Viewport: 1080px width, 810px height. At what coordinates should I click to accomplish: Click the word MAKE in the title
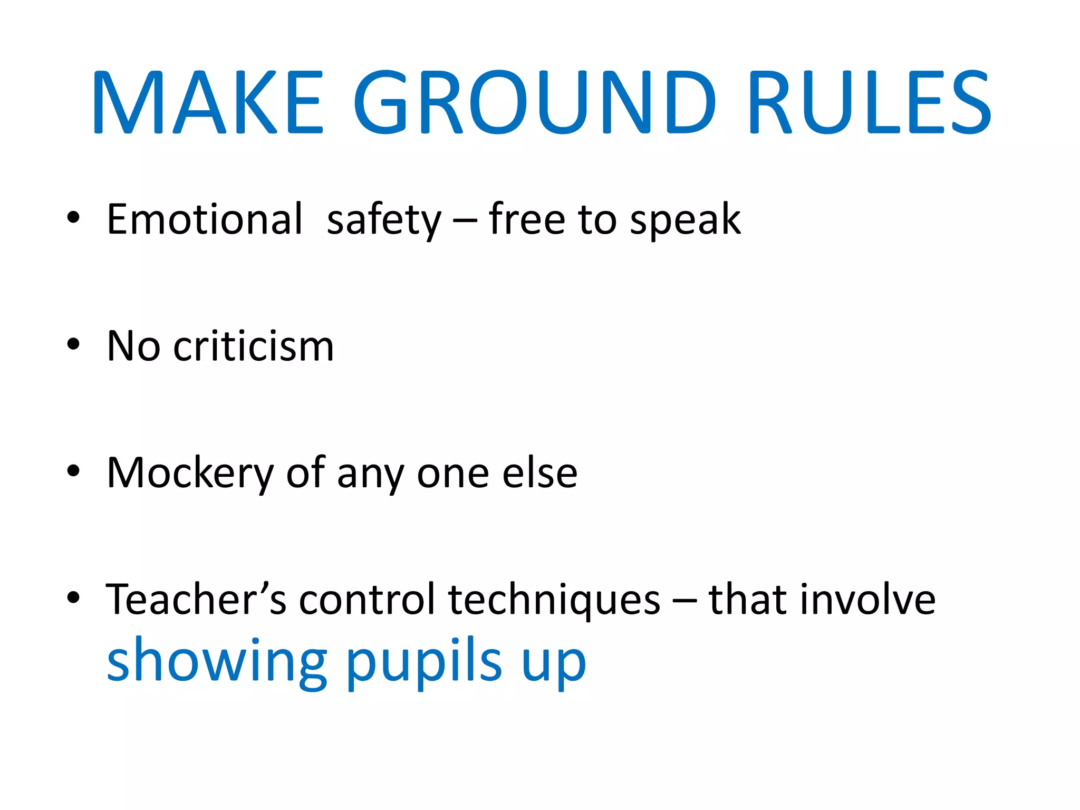point(207,102)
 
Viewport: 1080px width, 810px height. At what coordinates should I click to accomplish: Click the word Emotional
point(205,219)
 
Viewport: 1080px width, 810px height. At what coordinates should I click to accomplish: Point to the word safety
point(384,220)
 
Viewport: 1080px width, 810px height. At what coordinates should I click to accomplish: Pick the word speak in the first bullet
point(685,220)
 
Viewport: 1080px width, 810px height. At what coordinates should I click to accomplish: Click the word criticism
point(254,346)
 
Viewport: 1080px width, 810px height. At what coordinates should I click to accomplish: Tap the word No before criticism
point(133,346)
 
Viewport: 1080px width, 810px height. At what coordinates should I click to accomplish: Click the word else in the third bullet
point(539,473)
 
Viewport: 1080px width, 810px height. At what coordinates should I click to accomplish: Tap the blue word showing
point(217,662)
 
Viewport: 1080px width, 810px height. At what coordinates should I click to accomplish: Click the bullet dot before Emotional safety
point(73,217)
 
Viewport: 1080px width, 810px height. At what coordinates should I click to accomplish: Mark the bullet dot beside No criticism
point(73,344)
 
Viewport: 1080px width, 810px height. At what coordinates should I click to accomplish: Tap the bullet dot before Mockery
point(73,471)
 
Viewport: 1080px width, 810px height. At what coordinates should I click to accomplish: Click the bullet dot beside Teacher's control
point(73,597)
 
